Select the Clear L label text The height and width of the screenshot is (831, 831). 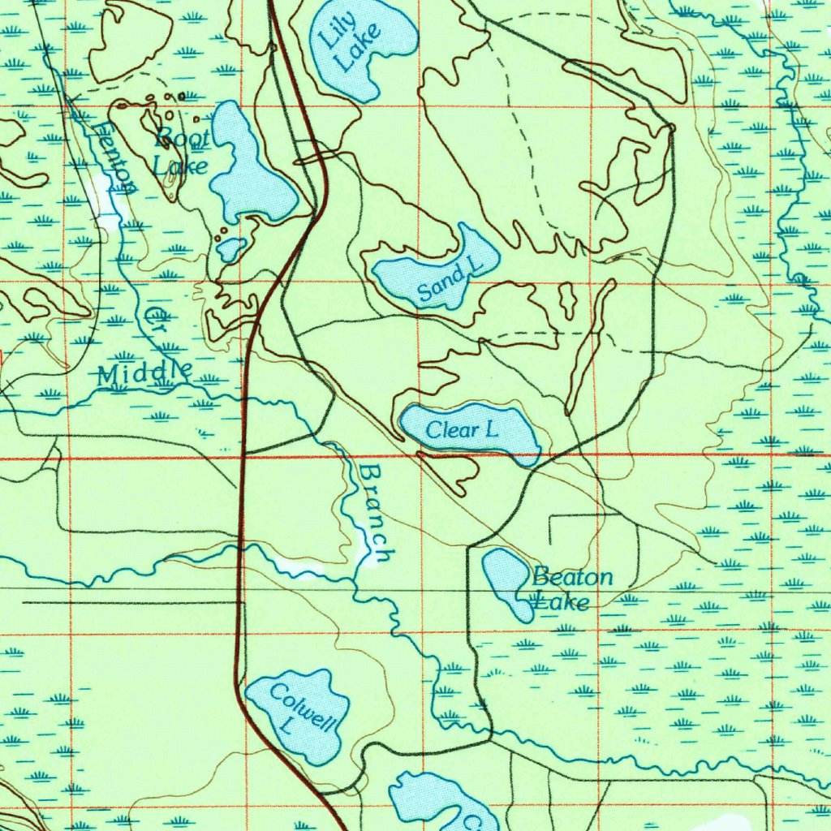click(x=462, y=430)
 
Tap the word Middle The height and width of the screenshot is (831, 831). click(x=144, y=374)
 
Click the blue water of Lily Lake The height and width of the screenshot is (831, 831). click(x=381, y=32)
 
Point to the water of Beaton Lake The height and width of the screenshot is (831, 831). click(x=508, y=580)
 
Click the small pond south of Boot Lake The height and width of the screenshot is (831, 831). click(x=231, y=248)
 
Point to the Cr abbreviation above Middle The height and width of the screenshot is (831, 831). click(x=157, y=319)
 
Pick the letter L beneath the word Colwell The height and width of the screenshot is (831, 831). click(x=285, y=727)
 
